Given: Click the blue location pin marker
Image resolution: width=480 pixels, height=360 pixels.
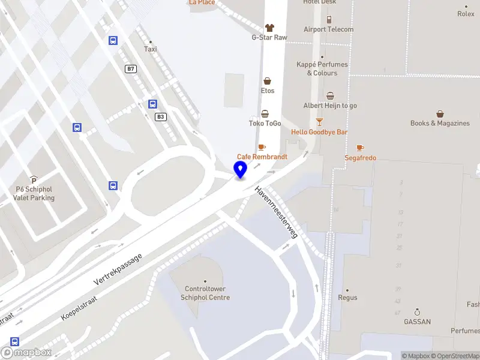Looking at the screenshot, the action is [240, 170].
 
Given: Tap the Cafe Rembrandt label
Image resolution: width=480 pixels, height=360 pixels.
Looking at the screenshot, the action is [262, 157].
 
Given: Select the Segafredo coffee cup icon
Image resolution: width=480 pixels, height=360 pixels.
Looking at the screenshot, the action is [360, 148].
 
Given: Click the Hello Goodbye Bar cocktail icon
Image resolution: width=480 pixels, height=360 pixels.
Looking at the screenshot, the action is [319, 122].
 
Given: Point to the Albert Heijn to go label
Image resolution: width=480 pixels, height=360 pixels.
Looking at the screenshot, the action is [330, 106].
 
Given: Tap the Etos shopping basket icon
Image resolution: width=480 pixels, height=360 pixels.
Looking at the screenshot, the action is [267, 81].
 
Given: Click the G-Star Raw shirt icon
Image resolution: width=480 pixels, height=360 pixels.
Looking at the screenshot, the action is [269, 28].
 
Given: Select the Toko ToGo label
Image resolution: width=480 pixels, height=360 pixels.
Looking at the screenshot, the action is [265, 124].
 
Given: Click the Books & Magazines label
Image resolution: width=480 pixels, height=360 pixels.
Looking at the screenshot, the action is [440, 123].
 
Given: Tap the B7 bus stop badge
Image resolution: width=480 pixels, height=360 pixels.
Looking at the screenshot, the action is [130, 69].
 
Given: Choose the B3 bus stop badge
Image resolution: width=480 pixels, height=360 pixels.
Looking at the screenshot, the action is [160, 116].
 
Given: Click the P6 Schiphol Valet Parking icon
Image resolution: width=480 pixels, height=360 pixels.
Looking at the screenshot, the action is [34, 180].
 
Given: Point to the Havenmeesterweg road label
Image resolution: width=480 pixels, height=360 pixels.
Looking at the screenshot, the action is [277, 212].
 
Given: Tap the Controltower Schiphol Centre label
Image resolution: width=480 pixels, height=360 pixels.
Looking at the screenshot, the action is [205, 293].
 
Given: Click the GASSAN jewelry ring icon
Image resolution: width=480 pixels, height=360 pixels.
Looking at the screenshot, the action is [417, 312].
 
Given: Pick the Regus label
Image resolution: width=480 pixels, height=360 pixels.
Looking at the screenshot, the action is [347, 298].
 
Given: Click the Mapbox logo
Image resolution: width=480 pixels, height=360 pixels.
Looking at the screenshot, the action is [26, 353].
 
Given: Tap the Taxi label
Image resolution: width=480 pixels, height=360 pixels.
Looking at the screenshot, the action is [151, 49].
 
